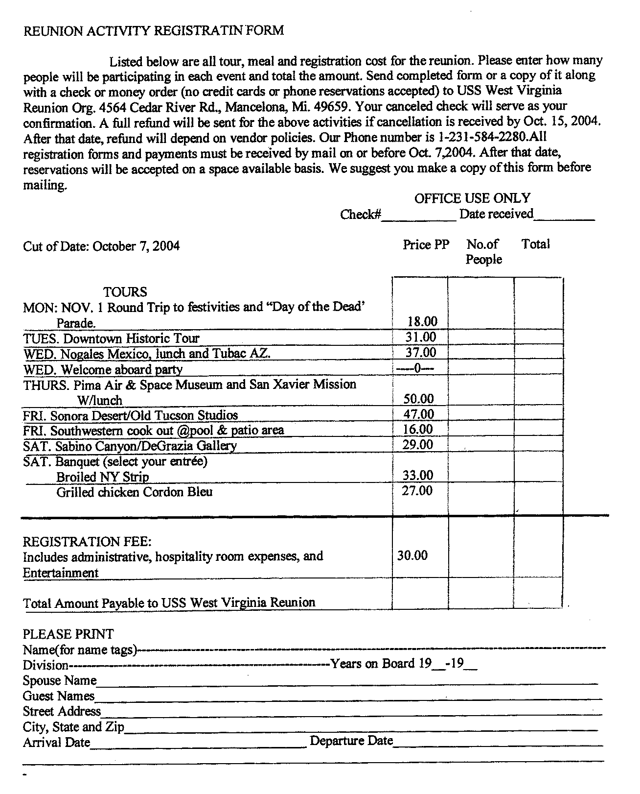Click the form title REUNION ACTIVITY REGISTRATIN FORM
pyautogui.click(x=154, y=30)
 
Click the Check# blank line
pyautogui.click(x=418, y=218)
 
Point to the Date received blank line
pyautogui.click(x=564, y=218)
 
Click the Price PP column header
pyautogui.click(x=426, y=244)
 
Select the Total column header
pyautogui.click(x=535, y=244)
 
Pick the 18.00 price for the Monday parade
pyautogui.click(x=422, y=321)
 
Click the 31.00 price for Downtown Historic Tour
pyautogui.click(x=420, y=337)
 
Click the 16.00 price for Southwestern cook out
pyautogui.click(x=418, y=429)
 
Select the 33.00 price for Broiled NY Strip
pyautogui.click(x=417, y=475)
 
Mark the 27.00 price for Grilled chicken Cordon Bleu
pyautogui.click(x=417, y=490)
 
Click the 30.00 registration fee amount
pyautogui.click(x=412, y=555)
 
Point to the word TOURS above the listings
pyautogui.click(x=125, y=292)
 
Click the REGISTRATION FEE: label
pyautogui.click(x=87, y=541)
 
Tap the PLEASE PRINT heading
pyautogui.click(x=68, y=634)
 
